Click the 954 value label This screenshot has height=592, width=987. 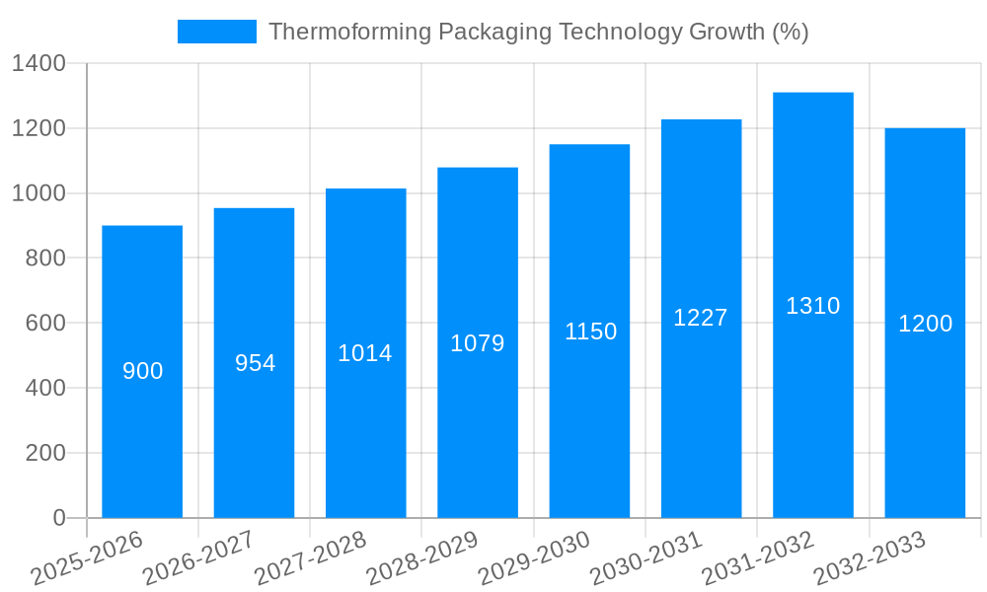click(x=255, y=363)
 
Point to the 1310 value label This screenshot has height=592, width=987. click(x=812, y=306)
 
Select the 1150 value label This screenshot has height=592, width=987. click(x=590, y=332)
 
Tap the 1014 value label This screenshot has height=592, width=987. click(x=365, y=353)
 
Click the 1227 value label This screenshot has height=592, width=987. click(x=701, y=318)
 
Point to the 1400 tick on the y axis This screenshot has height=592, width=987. click(x=38, y=64)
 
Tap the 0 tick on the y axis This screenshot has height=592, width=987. click(x=59, y=518)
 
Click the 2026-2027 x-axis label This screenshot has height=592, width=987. click(x=198, y=558)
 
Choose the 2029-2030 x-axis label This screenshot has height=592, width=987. click(x=534, y=558)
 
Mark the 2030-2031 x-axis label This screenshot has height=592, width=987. click(x=645, y=558)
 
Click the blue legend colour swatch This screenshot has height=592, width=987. click(x=216, y=32)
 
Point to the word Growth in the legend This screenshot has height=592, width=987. click(x=725, y=32)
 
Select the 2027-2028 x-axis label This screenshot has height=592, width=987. click(x=310, y=558)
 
